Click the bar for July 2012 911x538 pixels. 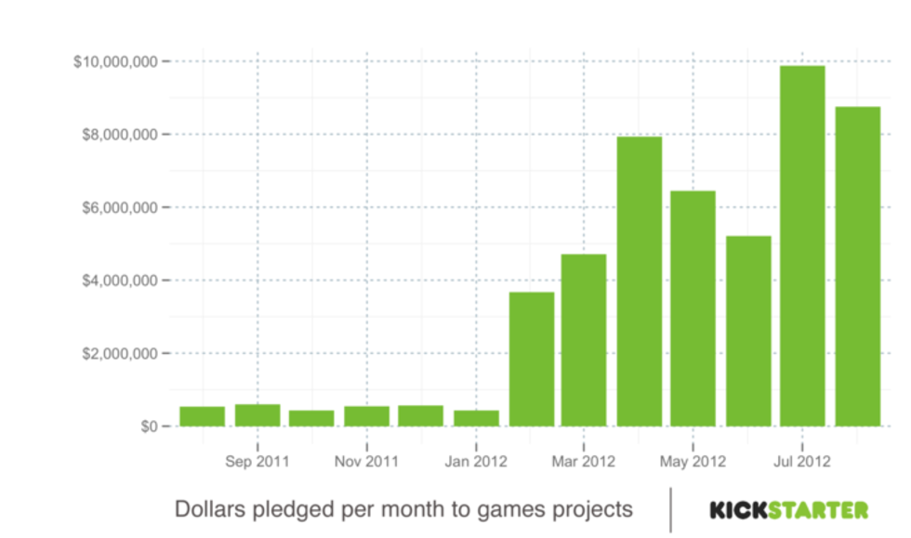pos(802,246)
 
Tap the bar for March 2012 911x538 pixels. pos(584,340)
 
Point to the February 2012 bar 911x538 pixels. pos(531,359)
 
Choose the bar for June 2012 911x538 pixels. pos(748,331)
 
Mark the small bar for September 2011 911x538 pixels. pos(257,415)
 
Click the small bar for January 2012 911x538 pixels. pos(476,418)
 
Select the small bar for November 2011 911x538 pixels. pos(366,416)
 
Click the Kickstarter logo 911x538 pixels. pos(789,509)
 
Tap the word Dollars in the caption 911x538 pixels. pos(209,509)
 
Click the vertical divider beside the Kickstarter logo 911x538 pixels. pos(670,509)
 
